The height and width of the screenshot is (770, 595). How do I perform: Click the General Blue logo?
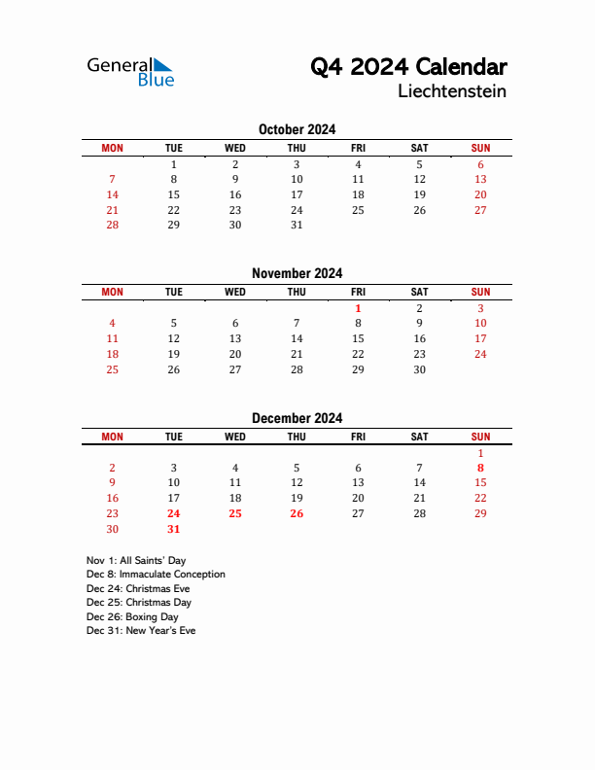pos(130,71)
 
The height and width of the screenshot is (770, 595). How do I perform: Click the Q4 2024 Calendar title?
pos(408,67)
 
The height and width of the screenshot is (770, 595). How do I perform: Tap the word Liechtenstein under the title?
pos(452,92)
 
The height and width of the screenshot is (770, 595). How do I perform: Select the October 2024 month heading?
pos(297,129)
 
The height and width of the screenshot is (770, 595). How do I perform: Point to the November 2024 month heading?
pos(297,273)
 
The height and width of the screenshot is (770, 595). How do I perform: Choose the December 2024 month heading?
pos(297,418)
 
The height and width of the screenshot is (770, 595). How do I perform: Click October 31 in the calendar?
pos(297,226)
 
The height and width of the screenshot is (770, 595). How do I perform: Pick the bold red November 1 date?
pos(358,308)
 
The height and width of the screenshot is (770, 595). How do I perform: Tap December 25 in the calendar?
pos(235,514)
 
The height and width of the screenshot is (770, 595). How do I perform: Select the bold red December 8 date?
pos(480,468)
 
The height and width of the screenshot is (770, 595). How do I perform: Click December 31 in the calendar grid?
pos(174,530)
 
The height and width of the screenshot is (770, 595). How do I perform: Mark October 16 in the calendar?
pos(235,194)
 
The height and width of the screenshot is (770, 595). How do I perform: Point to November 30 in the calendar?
pos(419,369)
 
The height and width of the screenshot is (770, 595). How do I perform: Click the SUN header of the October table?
pos(480,148)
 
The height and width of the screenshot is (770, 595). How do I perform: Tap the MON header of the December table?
pos(113,437)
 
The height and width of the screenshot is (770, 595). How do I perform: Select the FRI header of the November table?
pos(358,292)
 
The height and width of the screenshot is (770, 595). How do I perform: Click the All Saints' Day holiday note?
pos(136,561)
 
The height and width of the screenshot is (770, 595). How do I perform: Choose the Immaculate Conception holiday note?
pos(156,575)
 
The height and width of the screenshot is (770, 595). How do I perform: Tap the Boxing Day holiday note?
pos(132,616)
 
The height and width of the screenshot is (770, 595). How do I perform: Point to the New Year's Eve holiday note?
pos(141,631)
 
